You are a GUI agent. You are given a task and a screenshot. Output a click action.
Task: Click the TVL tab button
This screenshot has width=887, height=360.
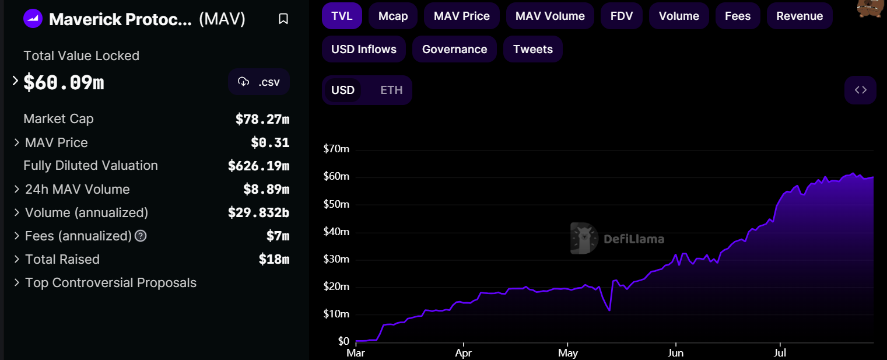pyautogui.click(x=342, y=16)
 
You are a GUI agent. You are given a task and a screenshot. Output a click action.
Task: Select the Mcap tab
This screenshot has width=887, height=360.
pyautogui.click(x=393, y=16)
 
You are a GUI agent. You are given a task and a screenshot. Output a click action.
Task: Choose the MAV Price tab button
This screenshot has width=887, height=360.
pyautogui.click(x=462, y=16)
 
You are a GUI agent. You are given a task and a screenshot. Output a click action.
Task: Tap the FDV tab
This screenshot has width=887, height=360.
pyautogui.click(x=621, y=16)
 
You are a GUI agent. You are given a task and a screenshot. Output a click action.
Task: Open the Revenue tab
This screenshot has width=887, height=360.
pyautogui.click(x=800, y=16)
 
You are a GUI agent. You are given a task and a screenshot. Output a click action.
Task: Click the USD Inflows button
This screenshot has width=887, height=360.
pyautogui.click(x=364, y=50)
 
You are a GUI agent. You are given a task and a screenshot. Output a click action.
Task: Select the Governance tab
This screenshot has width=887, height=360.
pyautogui.click(x=454, y=50)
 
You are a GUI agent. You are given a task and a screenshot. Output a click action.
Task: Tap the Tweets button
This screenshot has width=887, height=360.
pyautogui.click(x=533, y=50)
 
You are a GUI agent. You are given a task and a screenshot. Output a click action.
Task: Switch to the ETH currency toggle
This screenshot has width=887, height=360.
pyautogui.click(x=391, y=90)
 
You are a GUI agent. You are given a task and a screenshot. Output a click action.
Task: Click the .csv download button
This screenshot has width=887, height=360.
pyautogui.click(x=259, y=82)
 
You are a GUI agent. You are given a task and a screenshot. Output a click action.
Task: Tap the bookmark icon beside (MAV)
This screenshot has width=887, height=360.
pyautogui.click(x=283, y=19)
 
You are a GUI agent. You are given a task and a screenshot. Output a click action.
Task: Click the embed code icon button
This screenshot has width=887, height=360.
pyautogui.click(x=860, y=90)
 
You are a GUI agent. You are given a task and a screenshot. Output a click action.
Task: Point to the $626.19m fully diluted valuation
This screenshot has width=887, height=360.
pyautogui.click(x=258, y=166)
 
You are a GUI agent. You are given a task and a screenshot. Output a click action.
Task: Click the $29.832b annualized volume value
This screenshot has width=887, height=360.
pyautogui.click(x=258, y=213)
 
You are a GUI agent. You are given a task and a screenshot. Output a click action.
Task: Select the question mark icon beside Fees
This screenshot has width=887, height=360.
pyautogui.click(x=141, y=236)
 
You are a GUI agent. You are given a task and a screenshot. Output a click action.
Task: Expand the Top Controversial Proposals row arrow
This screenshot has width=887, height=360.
pyautogui.click(x=16, y=283)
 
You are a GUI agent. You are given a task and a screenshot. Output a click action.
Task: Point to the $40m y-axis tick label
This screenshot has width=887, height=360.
pyautogui.click(x=336, y=232)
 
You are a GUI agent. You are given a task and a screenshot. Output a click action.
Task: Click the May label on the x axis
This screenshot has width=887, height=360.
pyautogui.click(x=567, y=353)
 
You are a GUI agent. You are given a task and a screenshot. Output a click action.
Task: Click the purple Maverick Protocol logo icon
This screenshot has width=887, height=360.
pyautogui.click(x=33, y=19)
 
